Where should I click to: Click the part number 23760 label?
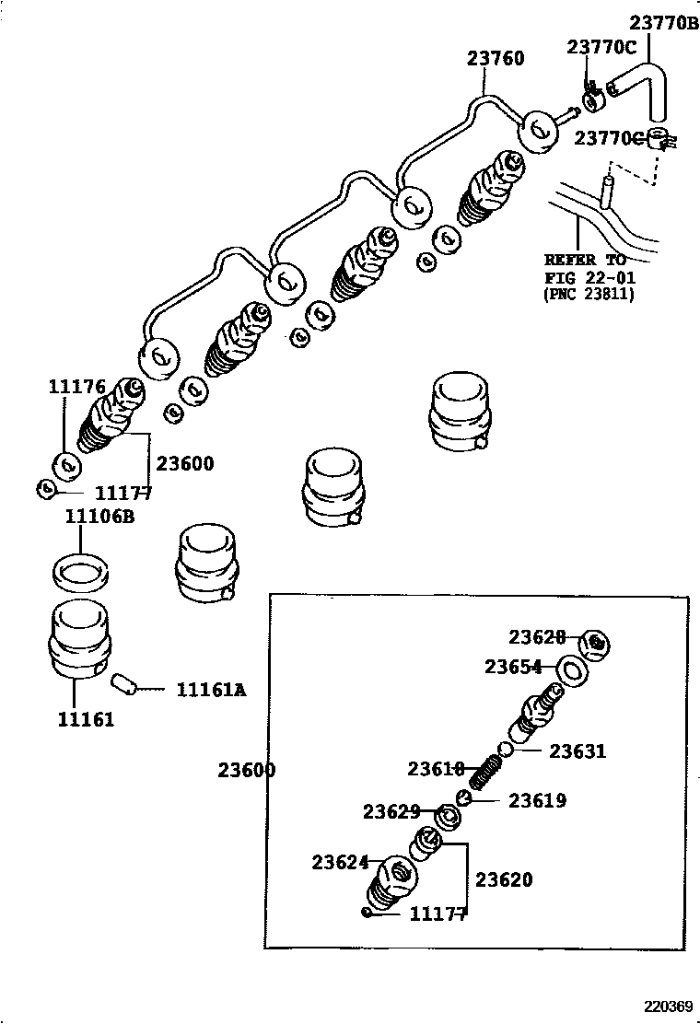(x=495, y=59)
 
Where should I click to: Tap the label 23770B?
(x=664, y=23)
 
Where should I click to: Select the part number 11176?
(x=76, y=387)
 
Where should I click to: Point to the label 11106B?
(x=99, y=517)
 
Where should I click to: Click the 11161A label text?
(x=211, y=689)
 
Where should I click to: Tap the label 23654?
(x=514, y=667)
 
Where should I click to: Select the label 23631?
(x=577, y=751)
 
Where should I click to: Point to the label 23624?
(x=340, y=862)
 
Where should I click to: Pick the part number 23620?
(x=504, y=879)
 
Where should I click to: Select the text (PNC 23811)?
(x=589, y=294)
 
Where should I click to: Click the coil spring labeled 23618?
(x=485, y=771)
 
